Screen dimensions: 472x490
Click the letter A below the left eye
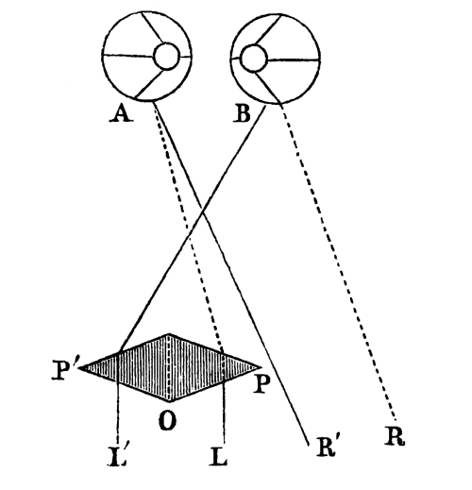pyautogui.click(x=122, y=113)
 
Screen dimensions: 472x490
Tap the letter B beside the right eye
pyautogui.click(x=243, y=113)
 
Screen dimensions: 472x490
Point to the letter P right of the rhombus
pyautogui.click(x=261, y=384)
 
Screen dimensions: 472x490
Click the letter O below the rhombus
pyautogui.click(x=167, y=421)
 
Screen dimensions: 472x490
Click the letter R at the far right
pyautogui.click(x=396, y=437)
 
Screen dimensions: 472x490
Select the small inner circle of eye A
pyautogui.click(x=167, y=57)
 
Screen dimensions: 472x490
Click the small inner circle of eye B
pyautogui.click(x=254, y=59)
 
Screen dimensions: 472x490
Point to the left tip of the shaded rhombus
pyautogui.click(x=80, y=367)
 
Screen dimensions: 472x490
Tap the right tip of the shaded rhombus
pyautogui.click(x=261, y=367)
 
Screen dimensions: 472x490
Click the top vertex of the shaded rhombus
pyautogui.click(x=169, y=334)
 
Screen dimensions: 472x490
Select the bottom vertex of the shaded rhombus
pyautogui.click(x=170, y=401)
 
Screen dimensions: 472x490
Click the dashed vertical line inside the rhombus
pyautogui.click(x=170, y=367)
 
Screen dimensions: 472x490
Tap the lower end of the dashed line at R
pyautogui.click(x=396, y=420)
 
